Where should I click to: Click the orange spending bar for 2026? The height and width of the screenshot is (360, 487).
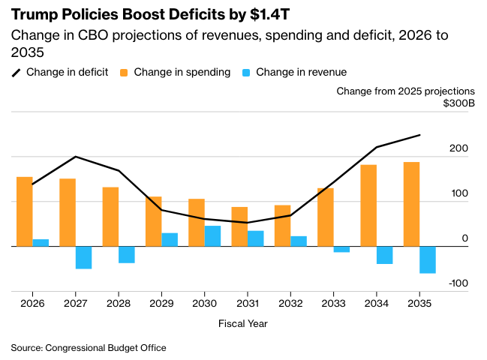coord(25,211)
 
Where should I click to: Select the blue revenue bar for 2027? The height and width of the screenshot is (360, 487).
coord(83,257)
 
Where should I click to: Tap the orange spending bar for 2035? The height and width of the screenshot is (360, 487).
coord(411,204)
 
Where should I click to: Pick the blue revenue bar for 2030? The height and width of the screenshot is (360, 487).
coord(212,235)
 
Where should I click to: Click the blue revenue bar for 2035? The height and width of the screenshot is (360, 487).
coord(428,259)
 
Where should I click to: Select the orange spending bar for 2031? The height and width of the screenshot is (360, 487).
coord(239,226)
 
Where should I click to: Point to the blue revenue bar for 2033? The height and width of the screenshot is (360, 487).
coord(341,249)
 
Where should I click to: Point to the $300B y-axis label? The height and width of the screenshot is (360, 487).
coord(458,103)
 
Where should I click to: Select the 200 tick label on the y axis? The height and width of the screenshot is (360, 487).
coord(459,148)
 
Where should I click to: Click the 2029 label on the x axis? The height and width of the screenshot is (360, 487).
coord(161,304)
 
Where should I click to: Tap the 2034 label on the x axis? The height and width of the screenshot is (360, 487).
coord(376,304)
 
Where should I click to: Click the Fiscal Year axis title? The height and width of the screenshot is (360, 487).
coord(243,324)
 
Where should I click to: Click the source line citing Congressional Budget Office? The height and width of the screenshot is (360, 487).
coord(89,348)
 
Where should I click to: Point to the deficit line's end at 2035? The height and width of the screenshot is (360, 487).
coord(419,135)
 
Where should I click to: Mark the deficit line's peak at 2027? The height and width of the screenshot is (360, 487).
coord(75,157)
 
